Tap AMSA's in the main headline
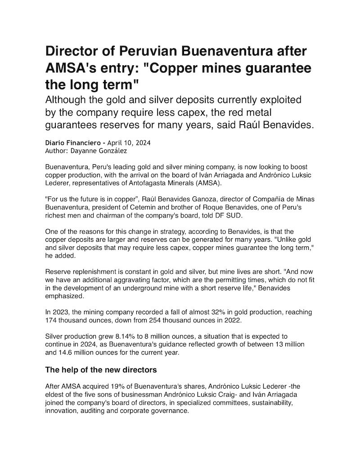click(74, 69)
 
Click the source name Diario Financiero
click(72, 142)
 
